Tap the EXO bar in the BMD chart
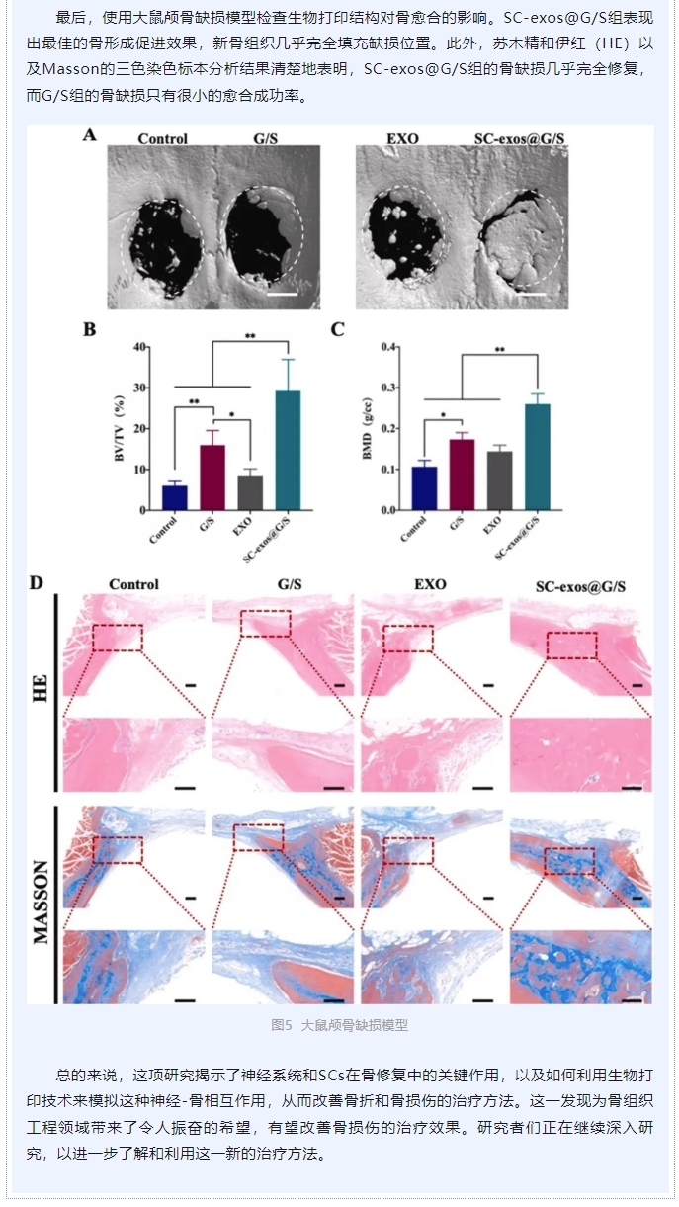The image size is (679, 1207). (x=500, y=480)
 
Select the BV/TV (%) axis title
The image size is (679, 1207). (x=120, y=427)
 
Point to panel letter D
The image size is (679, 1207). (x=37, y=582)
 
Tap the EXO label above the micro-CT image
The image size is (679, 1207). (x=403, y=139)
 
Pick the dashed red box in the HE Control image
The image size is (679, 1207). (x=118, y=638)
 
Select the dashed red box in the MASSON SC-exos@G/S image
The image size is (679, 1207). (x=569, y=861)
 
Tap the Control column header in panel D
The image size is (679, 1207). (x=134, y=584)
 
